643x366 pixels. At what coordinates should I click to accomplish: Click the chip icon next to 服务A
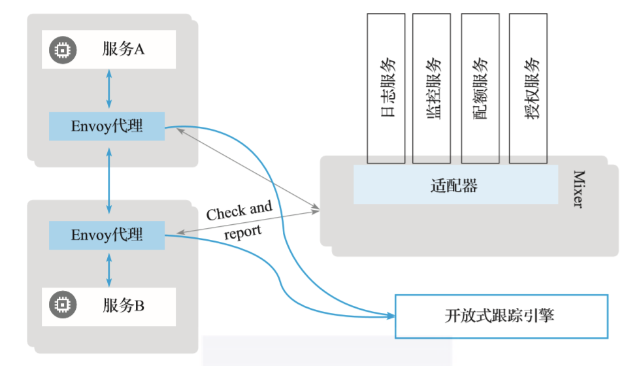coord(62,49)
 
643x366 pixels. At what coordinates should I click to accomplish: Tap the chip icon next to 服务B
coord(62,305)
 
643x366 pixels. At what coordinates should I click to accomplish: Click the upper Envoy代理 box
coord(107,126)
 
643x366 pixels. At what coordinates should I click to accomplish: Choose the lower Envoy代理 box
coord(107,235)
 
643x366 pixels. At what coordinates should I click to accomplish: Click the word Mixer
coord(578,189)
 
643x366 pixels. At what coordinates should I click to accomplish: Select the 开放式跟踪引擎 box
coord(501,316)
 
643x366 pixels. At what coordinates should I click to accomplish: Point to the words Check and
coord(239,211)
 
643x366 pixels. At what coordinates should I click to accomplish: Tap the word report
coord(243,231)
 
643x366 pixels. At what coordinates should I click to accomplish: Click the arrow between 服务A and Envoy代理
coord(108,90)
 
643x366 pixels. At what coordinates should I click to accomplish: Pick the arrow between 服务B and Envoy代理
coord(108,269)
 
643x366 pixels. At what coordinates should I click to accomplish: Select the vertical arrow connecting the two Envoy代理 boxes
coord(108,180)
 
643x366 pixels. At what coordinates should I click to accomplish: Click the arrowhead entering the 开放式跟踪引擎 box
coord(391,316)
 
